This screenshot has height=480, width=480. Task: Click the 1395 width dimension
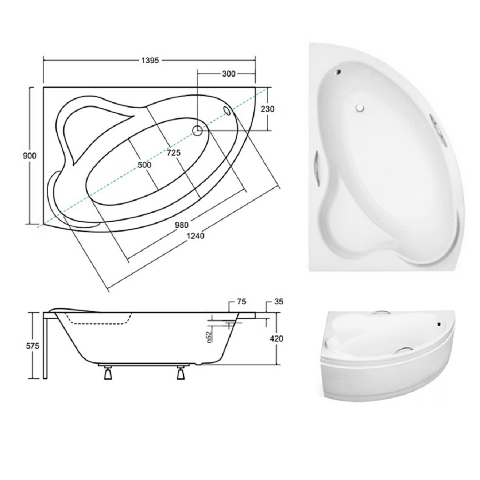pyautogui.click(x=150, y=60)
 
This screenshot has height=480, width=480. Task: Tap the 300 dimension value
pyautogui.click(x=229, y=73)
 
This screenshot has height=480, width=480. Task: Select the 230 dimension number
pyautogui.click(x=268, y=109)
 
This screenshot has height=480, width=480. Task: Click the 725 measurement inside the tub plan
pyautogui.click(x=174, y=153)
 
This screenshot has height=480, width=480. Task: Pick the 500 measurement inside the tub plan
pyautogui.click(x=145, y=165)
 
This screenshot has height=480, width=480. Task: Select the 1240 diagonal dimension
pyautogui.click(x=195, y=236)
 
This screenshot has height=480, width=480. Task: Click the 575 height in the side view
pyautogui.click(x=32, y=346)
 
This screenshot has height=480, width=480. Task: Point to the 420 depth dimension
pyautogui.click(x=277, y=339)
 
